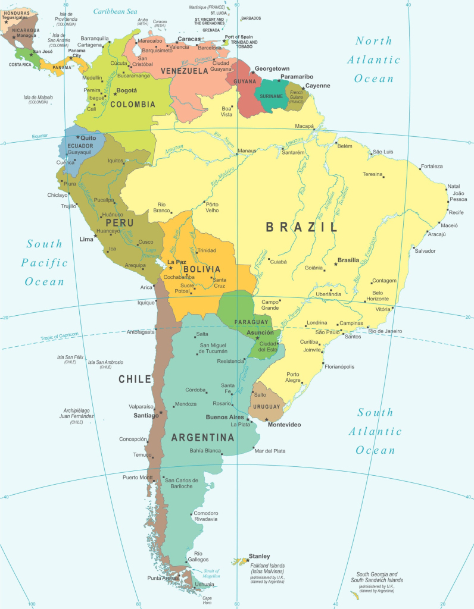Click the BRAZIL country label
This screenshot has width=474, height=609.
301,227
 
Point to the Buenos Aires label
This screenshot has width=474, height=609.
224,417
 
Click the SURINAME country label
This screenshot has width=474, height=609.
272,96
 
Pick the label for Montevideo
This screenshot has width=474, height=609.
284,425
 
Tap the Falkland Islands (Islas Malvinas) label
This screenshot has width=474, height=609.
267,568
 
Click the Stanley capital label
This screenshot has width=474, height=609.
260,556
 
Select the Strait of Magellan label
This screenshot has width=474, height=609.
209,573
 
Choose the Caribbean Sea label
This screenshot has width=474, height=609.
116,11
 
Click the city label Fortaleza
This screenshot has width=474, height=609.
432,166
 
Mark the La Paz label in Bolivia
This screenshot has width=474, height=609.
177,262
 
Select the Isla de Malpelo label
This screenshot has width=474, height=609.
38,99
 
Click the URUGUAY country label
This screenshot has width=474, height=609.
266,407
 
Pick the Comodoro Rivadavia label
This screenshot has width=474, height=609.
205,516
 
